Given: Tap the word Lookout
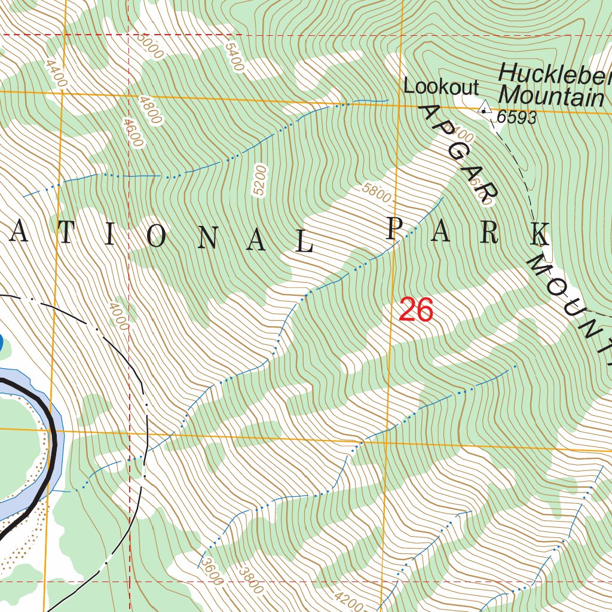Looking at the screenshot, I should point(441,87).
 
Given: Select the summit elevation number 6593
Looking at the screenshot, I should point(516,118).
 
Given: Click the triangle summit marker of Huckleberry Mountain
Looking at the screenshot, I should point(484,108).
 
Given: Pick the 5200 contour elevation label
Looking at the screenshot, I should point(259,180).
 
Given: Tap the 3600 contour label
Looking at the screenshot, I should point(211,571).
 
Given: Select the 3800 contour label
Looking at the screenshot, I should point(250,580).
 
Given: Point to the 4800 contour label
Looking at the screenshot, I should point(149,109).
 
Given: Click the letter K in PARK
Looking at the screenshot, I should point(540,234).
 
